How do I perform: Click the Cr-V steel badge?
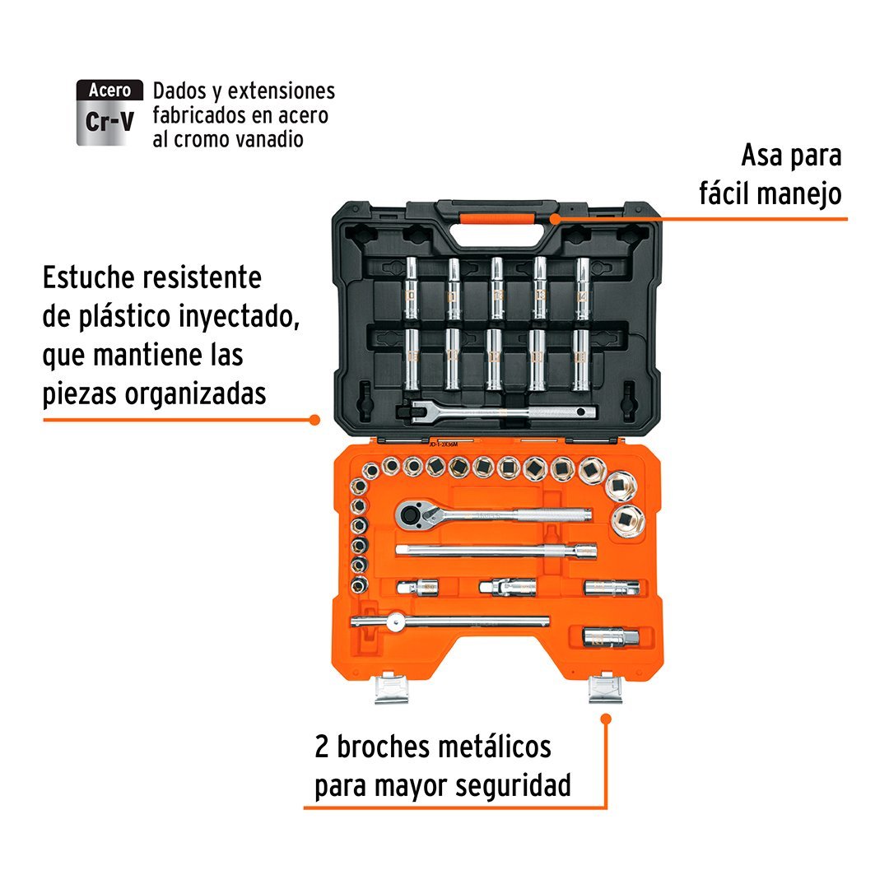[109, 113]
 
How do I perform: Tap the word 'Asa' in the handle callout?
[761, 156]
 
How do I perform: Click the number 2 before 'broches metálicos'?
[322, 747]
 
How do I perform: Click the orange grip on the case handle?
[497, 219]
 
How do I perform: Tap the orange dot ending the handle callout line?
[555, 218]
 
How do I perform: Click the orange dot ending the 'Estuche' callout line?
[314, 420]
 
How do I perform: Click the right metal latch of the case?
[606, 687]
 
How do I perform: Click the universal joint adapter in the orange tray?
[507, 587]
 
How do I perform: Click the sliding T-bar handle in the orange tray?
[450, 622]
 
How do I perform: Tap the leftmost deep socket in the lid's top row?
[411, 288]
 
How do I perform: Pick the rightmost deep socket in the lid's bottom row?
[581, 360]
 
